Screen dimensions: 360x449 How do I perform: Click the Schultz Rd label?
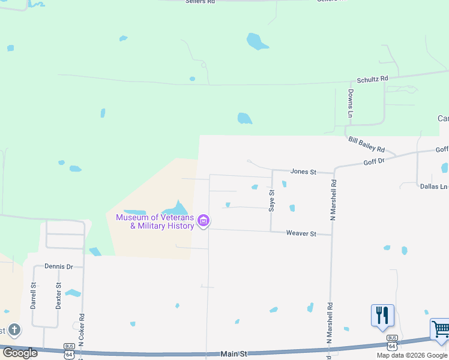click(372, 79)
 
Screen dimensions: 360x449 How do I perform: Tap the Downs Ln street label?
click(350, 103)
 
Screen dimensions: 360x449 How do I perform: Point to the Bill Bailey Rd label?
click(366, 145)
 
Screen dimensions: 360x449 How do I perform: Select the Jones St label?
click(303, 172)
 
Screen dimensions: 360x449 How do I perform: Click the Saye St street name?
click(272, 200)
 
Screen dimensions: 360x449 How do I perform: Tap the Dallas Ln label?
click(433, 187)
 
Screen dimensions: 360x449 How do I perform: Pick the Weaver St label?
click(301, 233)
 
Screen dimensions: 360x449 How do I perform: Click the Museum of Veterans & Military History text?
click(155, 221)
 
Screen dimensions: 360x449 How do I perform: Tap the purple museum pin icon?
click(203, 221)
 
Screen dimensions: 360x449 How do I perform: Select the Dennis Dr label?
click(58, 266)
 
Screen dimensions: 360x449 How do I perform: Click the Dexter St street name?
click(59, 296)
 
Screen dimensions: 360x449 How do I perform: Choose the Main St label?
click(234, 355)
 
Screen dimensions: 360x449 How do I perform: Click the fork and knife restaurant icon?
click(382, 315)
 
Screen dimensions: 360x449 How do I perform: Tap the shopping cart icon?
click(441, 330)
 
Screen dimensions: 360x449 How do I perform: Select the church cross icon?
click(14, 329)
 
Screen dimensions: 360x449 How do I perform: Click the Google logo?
click(20, 353)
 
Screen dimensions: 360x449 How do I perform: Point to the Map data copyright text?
click(412, 355)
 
